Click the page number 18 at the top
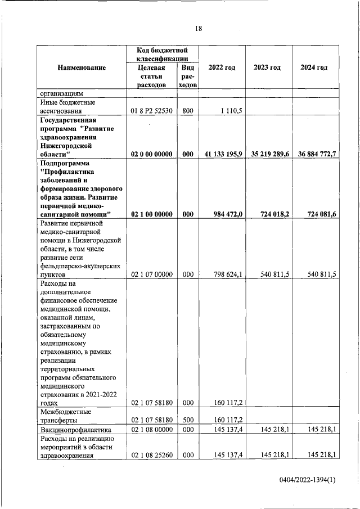(198, 29)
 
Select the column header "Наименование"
(82, 67)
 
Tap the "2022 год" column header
(222, 67)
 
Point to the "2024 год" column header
(314, 67)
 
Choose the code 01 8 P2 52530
(151, 111)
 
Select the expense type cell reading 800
(187, 111)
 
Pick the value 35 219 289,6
(267, 154)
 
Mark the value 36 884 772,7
(314, 154)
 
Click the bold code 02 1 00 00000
(151, 214)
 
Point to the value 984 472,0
(228, 214)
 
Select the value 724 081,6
(321, 214)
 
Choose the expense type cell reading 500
(187, 420)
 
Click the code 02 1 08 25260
(151, 455)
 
